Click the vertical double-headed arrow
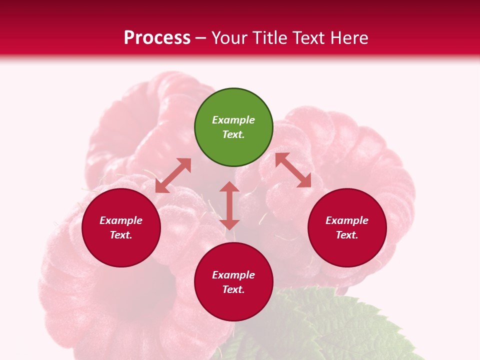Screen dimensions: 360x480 (x=229, y=206)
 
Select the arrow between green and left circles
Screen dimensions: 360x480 (x=173, y=175)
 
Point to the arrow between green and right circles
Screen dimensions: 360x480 (x=293, y=170)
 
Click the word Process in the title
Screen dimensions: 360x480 (x=157, y=38)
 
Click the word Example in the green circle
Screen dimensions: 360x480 (x=233, y=120)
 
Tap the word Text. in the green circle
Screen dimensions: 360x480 (x=233, y=134)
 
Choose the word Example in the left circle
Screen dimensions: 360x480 (x=121, y=220)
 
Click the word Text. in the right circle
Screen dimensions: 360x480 (x=347, y=235)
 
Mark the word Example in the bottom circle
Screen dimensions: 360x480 (x=233, y=275)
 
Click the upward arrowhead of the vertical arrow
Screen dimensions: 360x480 (x=229, y=187)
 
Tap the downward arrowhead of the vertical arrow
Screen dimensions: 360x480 (x=229, y=224)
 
